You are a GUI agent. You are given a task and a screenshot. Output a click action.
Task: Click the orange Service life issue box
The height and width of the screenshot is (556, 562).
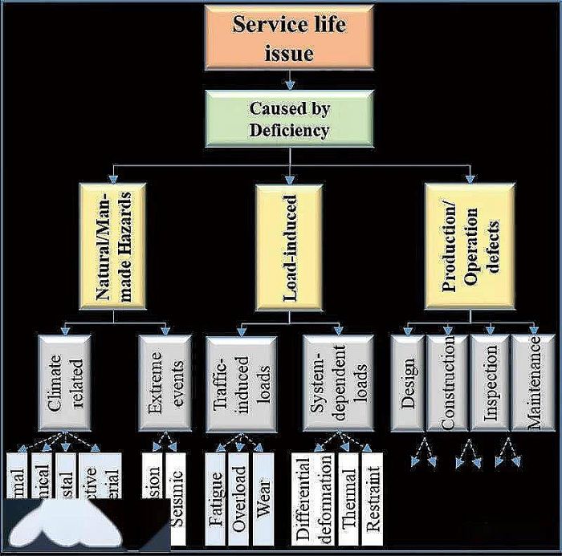[288, 37]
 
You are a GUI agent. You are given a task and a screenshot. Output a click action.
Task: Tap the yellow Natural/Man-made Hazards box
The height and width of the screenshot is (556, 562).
[112, 247]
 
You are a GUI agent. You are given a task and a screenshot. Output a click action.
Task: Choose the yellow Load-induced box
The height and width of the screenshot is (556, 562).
[288, 247]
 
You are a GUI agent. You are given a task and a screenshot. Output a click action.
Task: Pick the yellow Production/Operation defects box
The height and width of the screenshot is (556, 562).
[470, 247]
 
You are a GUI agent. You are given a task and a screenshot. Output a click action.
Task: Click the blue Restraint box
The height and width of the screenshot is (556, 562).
[372, 499]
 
